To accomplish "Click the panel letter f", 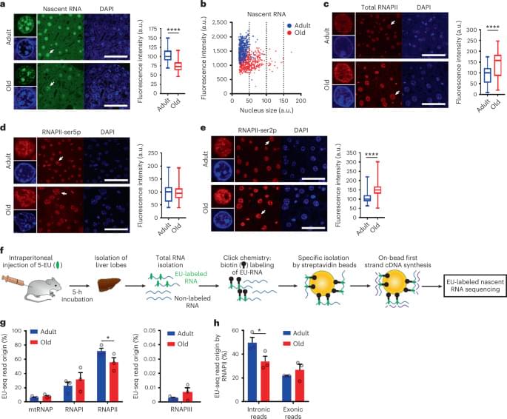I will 5,252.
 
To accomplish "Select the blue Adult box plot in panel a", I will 167,56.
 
